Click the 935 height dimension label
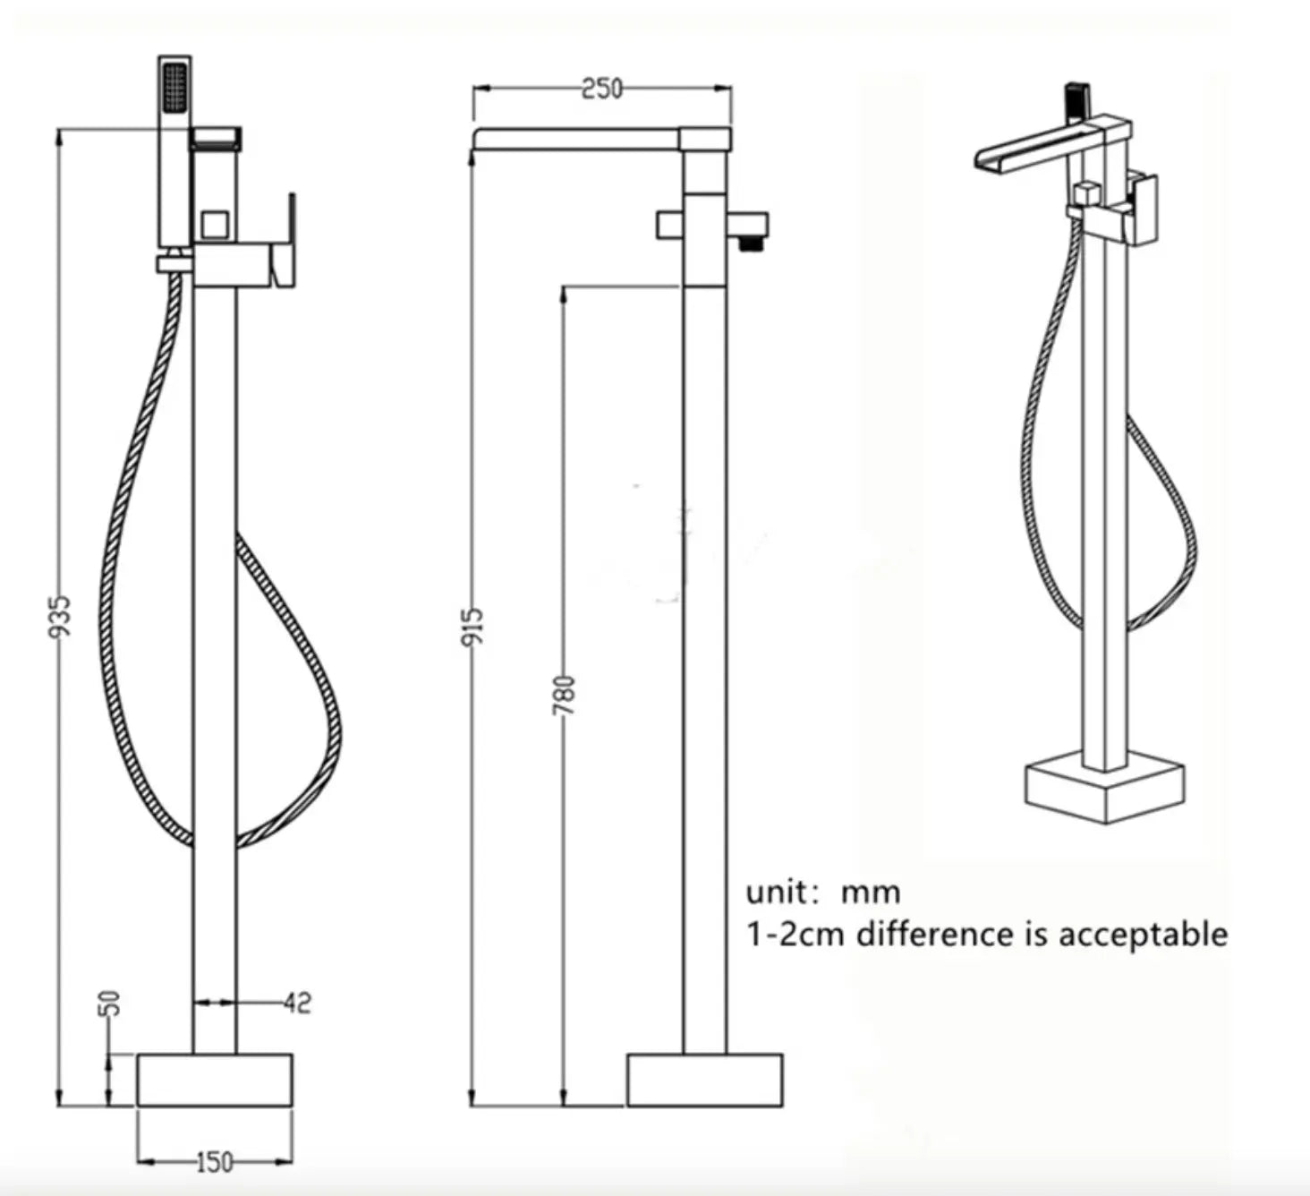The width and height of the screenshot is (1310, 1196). coord(59,617)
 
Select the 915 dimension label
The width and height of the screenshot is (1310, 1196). coord(474,626)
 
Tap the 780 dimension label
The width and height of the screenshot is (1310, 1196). coord(565,696)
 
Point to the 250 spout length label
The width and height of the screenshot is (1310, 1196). coord(601,89)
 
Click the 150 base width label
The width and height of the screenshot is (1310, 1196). coord(214,1163)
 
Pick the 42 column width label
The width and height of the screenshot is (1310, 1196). coord(297,1003)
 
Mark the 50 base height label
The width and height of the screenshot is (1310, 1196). coord(109,1004)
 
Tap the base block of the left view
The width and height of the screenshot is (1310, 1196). coord(215,1080)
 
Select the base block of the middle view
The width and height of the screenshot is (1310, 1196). coord(704,1080)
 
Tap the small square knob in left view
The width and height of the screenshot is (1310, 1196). coord(215,225)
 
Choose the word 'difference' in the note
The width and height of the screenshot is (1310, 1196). coord(934,934)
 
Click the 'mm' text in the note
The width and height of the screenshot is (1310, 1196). coord(870,893)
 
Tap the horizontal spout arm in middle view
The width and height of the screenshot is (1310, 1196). coord(577,139)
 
